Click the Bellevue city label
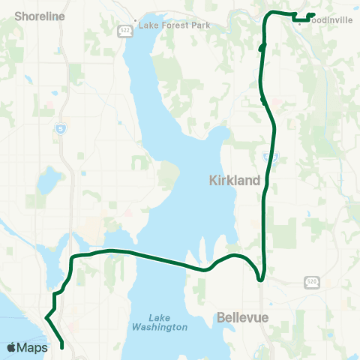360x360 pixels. pos(242,318)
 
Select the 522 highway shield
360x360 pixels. pos(121,31)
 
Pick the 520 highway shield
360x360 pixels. pos(311,282)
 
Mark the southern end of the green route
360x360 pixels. pos(61,345)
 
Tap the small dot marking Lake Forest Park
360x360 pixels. pos(135,21)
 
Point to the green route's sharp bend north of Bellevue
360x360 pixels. pos(260,279)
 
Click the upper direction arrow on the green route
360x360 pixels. pos(262,47)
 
